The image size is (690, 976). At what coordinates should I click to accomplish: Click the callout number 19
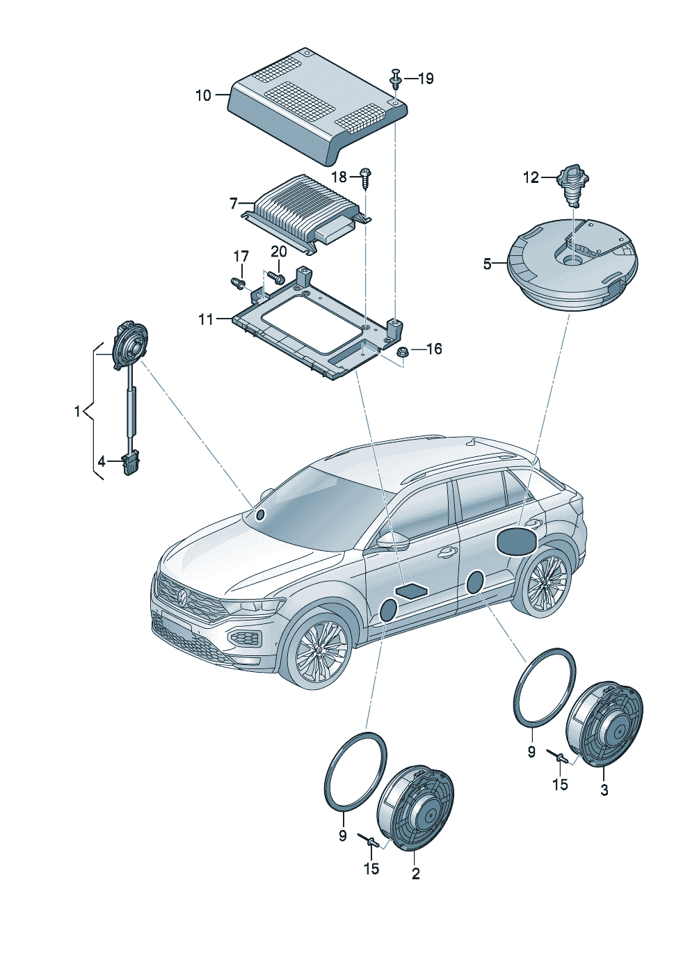(x=425, y=79)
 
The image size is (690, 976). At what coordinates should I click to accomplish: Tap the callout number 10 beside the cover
(x=203, y=95)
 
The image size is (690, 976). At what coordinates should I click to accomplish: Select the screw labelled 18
(x=365, y=178)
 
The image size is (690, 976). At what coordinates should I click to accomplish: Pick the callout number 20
(x=278, y=251)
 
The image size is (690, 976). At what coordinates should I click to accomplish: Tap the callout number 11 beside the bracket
(x=206, y=319)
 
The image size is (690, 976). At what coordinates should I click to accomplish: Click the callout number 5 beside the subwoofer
(x=488, y=264)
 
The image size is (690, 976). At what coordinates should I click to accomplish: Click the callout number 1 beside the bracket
(x=77, y=412)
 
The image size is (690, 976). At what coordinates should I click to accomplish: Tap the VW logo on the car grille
(x=182, y=597)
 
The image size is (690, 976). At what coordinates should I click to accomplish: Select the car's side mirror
(x=393, y=541)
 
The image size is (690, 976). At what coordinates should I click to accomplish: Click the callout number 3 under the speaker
(x=604, y=790)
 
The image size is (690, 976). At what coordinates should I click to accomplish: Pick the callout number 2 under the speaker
(x=415, y=874)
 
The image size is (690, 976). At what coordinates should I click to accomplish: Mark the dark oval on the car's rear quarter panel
(x=515, y=541)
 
